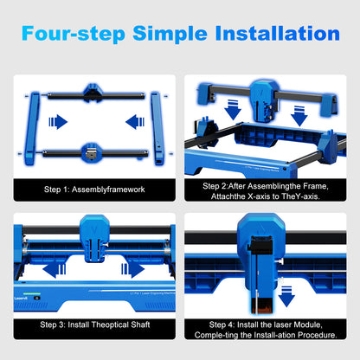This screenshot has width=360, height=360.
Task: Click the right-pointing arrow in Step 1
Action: click(x=56, y=120)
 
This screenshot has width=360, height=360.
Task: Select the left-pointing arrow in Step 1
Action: click(x=127, y=120)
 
